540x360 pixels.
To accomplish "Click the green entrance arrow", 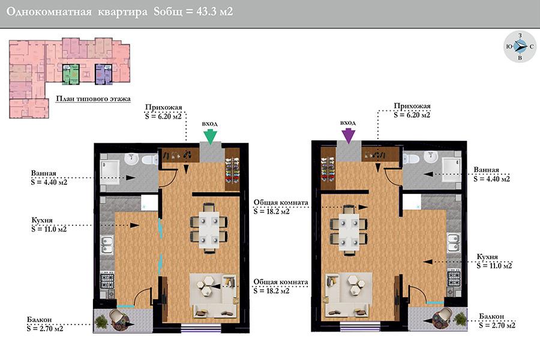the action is pos(210,136).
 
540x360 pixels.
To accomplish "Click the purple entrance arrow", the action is pos(349,136).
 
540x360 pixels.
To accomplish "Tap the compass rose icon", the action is pos(520,47).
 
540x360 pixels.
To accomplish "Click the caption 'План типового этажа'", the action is pos(94,98).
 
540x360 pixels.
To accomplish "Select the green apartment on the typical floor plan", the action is pos(71,74).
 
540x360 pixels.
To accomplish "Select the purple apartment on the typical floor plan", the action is pos(104,74).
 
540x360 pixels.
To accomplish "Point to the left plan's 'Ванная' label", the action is pos(43,173).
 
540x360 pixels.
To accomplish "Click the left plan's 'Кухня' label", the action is pos(42,220).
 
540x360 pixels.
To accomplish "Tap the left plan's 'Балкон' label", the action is pos(39,320).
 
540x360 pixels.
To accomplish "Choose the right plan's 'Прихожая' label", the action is pos(412,106).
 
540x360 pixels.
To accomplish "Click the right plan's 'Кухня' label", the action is pos(487,257).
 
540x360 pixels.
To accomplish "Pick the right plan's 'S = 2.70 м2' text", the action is pos(497,325).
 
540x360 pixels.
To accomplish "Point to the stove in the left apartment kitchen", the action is pos(107,280).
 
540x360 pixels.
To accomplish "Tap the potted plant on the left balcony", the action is pos(101,322).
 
